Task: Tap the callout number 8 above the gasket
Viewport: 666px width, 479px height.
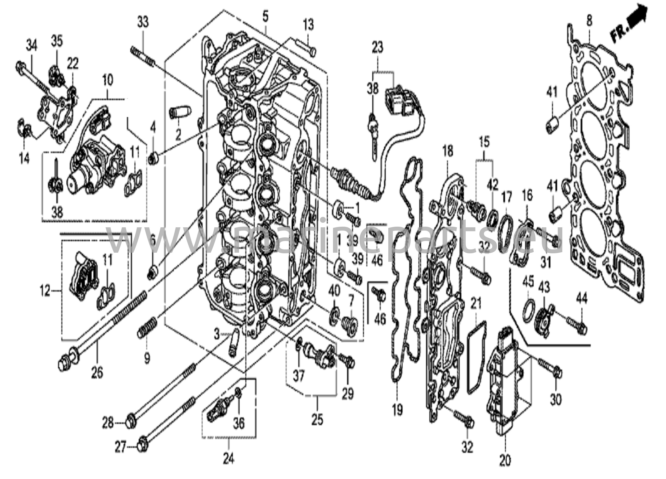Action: (589, 21)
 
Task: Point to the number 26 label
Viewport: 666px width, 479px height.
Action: (97, 372)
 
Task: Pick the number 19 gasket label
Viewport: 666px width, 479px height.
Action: (397, 409)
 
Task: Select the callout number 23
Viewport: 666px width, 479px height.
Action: (378, 47)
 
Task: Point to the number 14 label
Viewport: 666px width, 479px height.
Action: (24, 158)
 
